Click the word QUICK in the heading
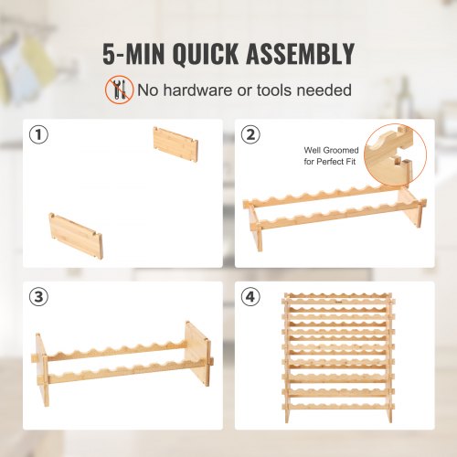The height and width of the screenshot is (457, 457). click(208, 54)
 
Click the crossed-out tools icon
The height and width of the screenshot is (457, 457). click(119, 90)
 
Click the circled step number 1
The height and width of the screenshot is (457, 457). click(37, 135)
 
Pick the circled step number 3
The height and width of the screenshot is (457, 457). click(37, 298)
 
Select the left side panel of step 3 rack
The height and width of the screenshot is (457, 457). click(41, 363)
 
